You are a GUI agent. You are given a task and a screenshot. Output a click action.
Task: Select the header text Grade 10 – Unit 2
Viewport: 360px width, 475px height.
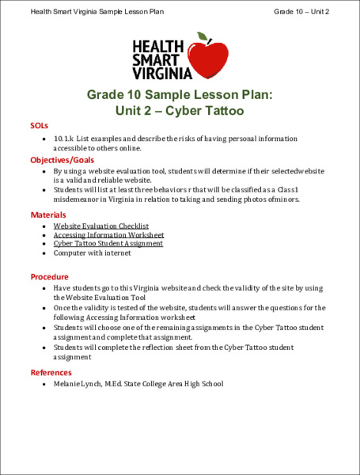[x=301, y=12]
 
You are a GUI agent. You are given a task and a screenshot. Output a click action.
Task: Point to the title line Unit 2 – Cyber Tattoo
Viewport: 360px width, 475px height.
[x=180, y=111]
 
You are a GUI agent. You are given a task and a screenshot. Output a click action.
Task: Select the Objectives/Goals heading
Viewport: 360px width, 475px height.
[x=63, y=160]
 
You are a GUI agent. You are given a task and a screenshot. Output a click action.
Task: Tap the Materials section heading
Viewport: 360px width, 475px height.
[x=48, y=215]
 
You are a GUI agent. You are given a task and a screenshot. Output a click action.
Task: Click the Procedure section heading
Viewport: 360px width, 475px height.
[x=50, y=277]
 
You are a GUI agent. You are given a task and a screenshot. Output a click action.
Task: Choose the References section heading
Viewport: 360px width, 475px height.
[x=51, y=372]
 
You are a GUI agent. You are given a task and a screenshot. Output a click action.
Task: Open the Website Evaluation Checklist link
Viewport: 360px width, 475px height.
[x=100, y=226]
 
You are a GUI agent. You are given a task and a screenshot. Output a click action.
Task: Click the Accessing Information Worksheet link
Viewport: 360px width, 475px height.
[x=108, y=235]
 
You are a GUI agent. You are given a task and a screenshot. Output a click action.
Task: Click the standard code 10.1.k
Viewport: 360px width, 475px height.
[x=65, y=138]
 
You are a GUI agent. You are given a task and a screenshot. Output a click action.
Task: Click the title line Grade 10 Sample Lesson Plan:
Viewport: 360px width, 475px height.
[x=180, y=95]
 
